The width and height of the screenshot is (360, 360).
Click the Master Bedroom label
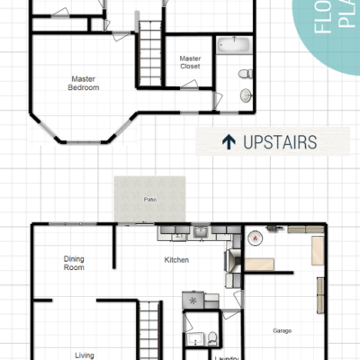84,83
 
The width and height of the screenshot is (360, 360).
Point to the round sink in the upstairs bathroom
246,94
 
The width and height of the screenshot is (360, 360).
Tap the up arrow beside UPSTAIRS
229,141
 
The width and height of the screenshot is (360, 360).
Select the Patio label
149,199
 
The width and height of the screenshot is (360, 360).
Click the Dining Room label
74,263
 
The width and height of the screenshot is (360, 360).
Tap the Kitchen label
176,260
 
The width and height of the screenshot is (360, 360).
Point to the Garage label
282,330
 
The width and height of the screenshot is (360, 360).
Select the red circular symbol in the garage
256,238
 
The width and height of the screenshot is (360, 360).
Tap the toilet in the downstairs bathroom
211,338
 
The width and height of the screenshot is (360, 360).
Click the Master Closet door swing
187,86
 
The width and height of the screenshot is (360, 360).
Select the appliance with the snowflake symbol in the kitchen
193,299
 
